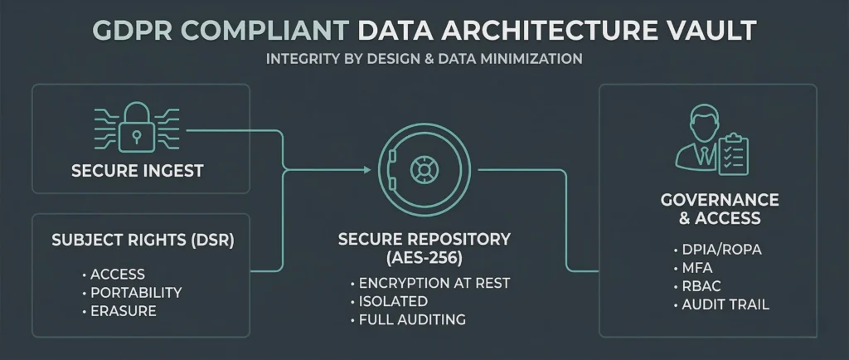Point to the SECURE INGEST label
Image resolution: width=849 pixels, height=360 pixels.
138,173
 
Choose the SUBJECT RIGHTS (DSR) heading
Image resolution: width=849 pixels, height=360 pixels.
143,242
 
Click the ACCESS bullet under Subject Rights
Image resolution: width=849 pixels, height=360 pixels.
118,274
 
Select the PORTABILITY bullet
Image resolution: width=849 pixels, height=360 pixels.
136,293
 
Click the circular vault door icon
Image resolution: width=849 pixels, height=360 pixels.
424,171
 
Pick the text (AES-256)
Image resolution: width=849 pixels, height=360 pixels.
424,257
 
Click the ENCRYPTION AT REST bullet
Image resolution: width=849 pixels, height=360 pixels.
434,283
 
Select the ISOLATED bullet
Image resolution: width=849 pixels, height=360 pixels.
393,301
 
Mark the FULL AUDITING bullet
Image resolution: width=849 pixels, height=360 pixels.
412,319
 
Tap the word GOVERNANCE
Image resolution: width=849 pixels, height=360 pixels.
720,200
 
